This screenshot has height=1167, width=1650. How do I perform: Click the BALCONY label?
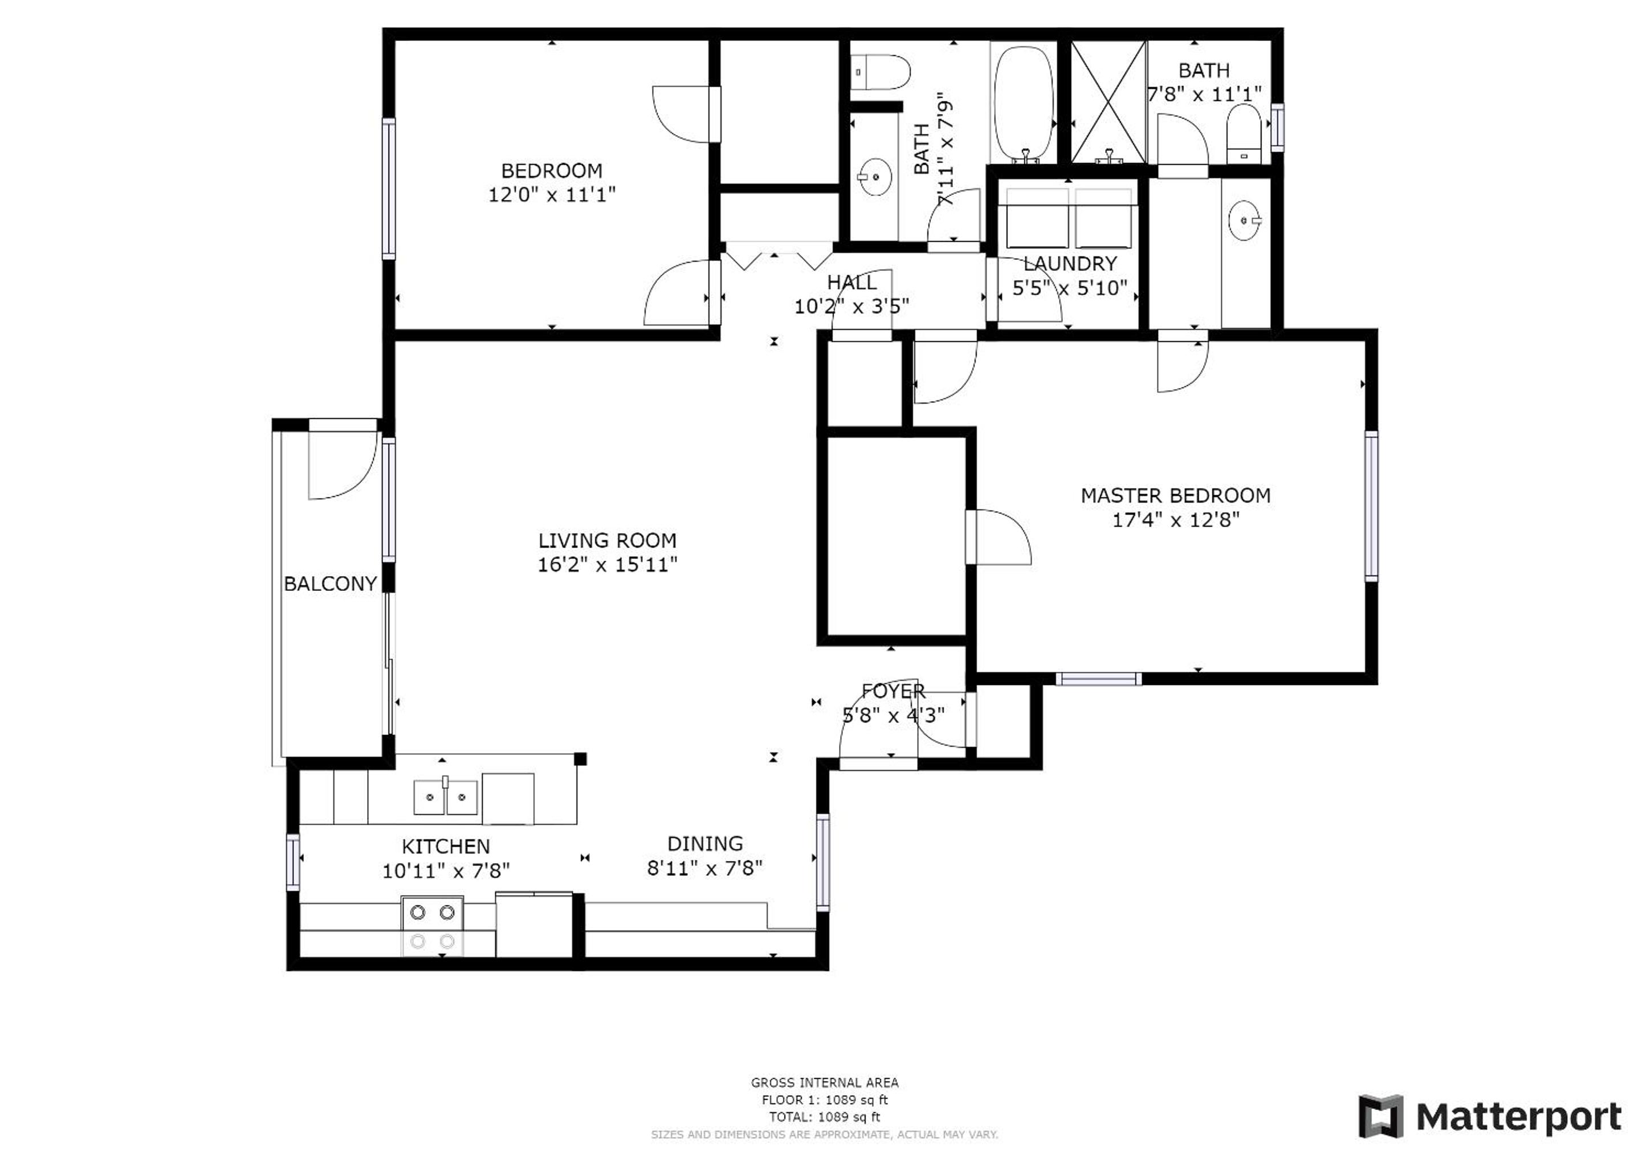pyautogui.click(x=331, y=583)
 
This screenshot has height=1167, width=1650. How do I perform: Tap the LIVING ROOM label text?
pyautogui.click(x=607, y=540)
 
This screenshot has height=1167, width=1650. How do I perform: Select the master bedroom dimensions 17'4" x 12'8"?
pyautogui.click(x=1176, y=520)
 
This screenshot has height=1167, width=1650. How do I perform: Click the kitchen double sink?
pyautogui.click(x=446, y=796)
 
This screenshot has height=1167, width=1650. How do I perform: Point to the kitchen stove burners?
pyautogui.click(x=432, y=927)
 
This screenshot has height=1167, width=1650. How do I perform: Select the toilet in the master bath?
pyautogui.click(x=1243, y=134)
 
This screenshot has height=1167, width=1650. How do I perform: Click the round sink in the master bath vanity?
pyautogui.click(x=1245, y=220)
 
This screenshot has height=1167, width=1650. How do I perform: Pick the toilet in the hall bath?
pyautogui.click(x=881, y=72)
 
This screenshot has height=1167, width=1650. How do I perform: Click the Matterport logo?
pyautogui.click(x=1490, y=1117)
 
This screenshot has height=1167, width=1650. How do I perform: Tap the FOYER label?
pyautogui.click(x=893, y=691)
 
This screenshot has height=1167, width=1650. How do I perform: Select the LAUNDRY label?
pyautogui.click(x=1070, y=264)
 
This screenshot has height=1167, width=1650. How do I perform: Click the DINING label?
pyautogui.click(x=705, y=844)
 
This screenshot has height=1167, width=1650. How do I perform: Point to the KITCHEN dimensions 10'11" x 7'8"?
pyautogui.click(x=446, y=871)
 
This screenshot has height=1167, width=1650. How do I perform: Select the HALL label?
pyautogui.click(x=852, y=283)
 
